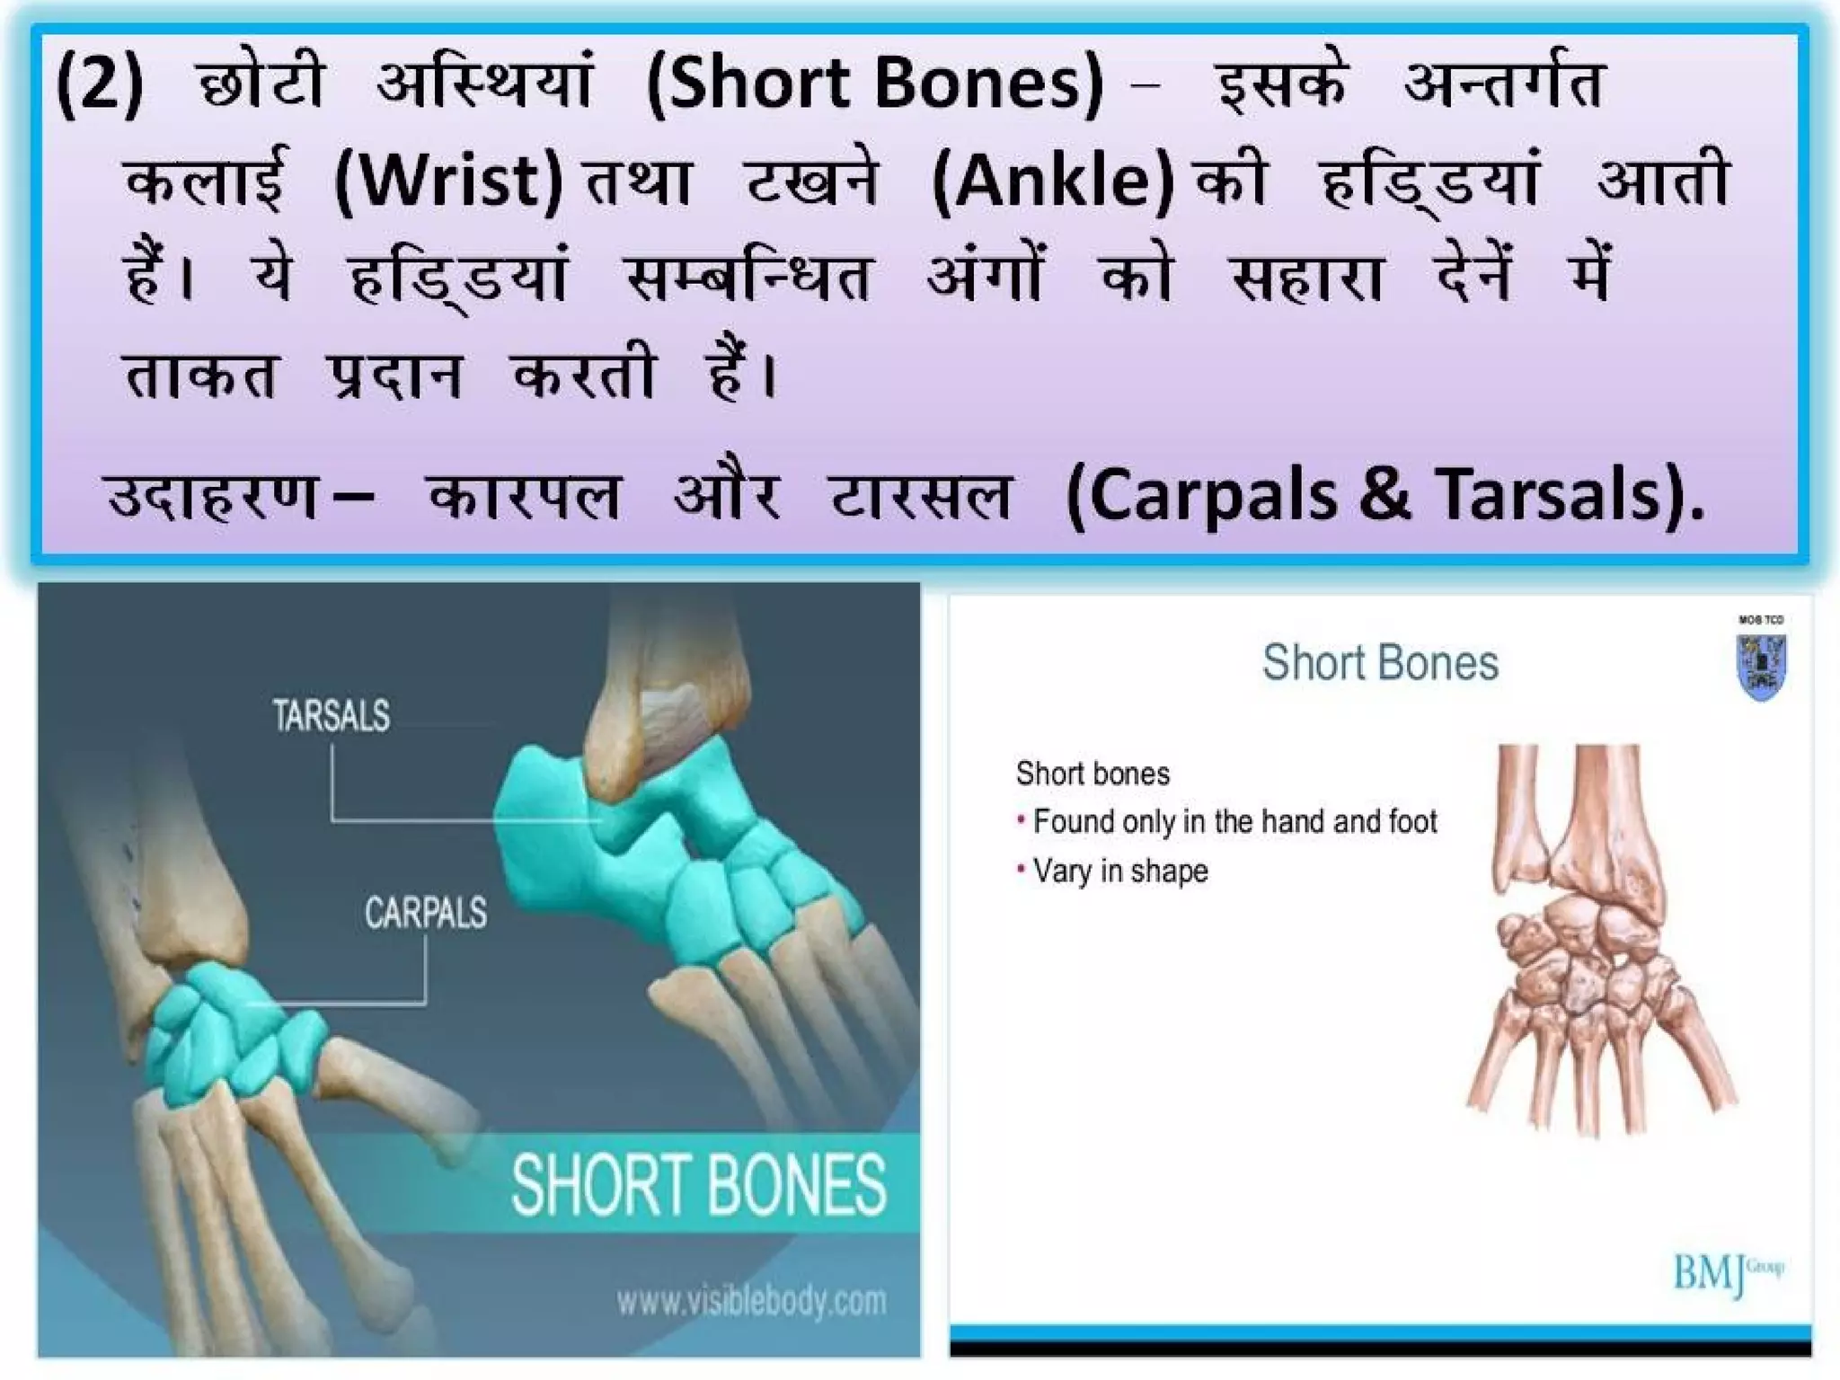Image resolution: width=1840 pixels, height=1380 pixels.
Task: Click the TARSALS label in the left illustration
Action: tap(332, 716)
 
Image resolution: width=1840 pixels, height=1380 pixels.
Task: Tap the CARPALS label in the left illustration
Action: tap(425, 913)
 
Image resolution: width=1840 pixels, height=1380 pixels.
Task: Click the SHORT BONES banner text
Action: tap(698, 1186)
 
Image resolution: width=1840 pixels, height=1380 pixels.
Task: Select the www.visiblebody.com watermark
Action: tap(751, 1301)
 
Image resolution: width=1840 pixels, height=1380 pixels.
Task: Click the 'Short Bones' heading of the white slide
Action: tap(1380, 663)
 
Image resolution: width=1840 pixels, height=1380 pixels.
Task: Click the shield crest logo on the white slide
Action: tap(1761, 666)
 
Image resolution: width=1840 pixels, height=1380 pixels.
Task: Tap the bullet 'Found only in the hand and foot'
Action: tap(1234, 821)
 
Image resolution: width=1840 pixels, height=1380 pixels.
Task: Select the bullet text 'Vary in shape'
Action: tap(1119, 871)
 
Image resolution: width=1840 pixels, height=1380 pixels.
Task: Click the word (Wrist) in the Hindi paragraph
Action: tap(449, 181)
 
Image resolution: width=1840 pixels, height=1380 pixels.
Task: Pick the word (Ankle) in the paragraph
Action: tap(1053, 181)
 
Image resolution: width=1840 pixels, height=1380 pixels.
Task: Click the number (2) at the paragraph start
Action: tap(99, 83)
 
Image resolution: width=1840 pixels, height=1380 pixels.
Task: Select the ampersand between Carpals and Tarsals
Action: tap(1384, 495)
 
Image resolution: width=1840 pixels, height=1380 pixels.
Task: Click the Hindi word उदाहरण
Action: tap(212, 496)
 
